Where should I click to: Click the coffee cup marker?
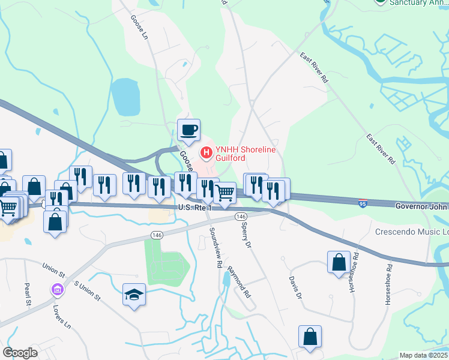click(188, 130)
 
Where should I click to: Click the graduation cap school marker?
click(134, 294)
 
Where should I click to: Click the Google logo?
click(20, 352)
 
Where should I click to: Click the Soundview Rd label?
click(215, 247)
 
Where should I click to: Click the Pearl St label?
click(28, 294)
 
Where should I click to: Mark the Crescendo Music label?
click(412, 232)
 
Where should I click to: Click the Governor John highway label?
click(421, 206)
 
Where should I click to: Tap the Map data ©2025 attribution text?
click(424, 355)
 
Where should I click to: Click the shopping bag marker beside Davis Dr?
click(339, 262)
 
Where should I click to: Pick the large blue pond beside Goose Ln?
click(125, 96)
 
